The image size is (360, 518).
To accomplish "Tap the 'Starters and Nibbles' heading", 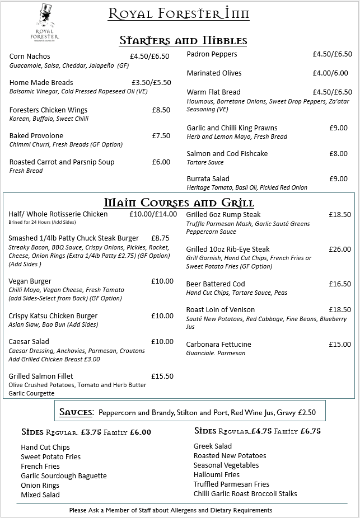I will click(183, 40).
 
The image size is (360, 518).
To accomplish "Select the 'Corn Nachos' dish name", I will click(30, 56).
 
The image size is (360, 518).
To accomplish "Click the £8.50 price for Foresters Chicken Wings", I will click(161, 110).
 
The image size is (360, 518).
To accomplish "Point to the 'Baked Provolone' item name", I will click(36, 136).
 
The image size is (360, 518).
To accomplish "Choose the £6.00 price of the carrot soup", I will click(161, 162).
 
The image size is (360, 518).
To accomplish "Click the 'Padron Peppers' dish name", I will click(212, 54).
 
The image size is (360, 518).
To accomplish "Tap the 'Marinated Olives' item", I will click(214, 73).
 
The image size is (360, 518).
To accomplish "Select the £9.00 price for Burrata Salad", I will click(338, 179).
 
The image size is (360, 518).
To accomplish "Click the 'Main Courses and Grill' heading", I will click(179, 202).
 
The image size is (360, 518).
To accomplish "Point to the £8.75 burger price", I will click(160, 238).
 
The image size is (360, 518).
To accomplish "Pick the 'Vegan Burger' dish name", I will click(30, 281).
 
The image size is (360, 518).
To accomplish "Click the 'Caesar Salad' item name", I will click(29, 342).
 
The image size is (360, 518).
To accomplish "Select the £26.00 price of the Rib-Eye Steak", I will click(340, 249).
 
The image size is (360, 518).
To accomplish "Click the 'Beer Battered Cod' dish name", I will click(216, 284).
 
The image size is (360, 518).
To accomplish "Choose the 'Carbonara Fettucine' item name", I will click(218, 345).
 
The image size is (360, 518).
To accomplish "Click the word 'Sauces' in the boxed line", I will click(76, 412).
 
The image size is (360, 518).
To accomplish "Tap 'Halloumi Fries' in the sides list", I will click(216, 475).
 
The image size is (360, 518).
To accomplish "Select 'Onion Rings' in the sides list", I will click(40, 486).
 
